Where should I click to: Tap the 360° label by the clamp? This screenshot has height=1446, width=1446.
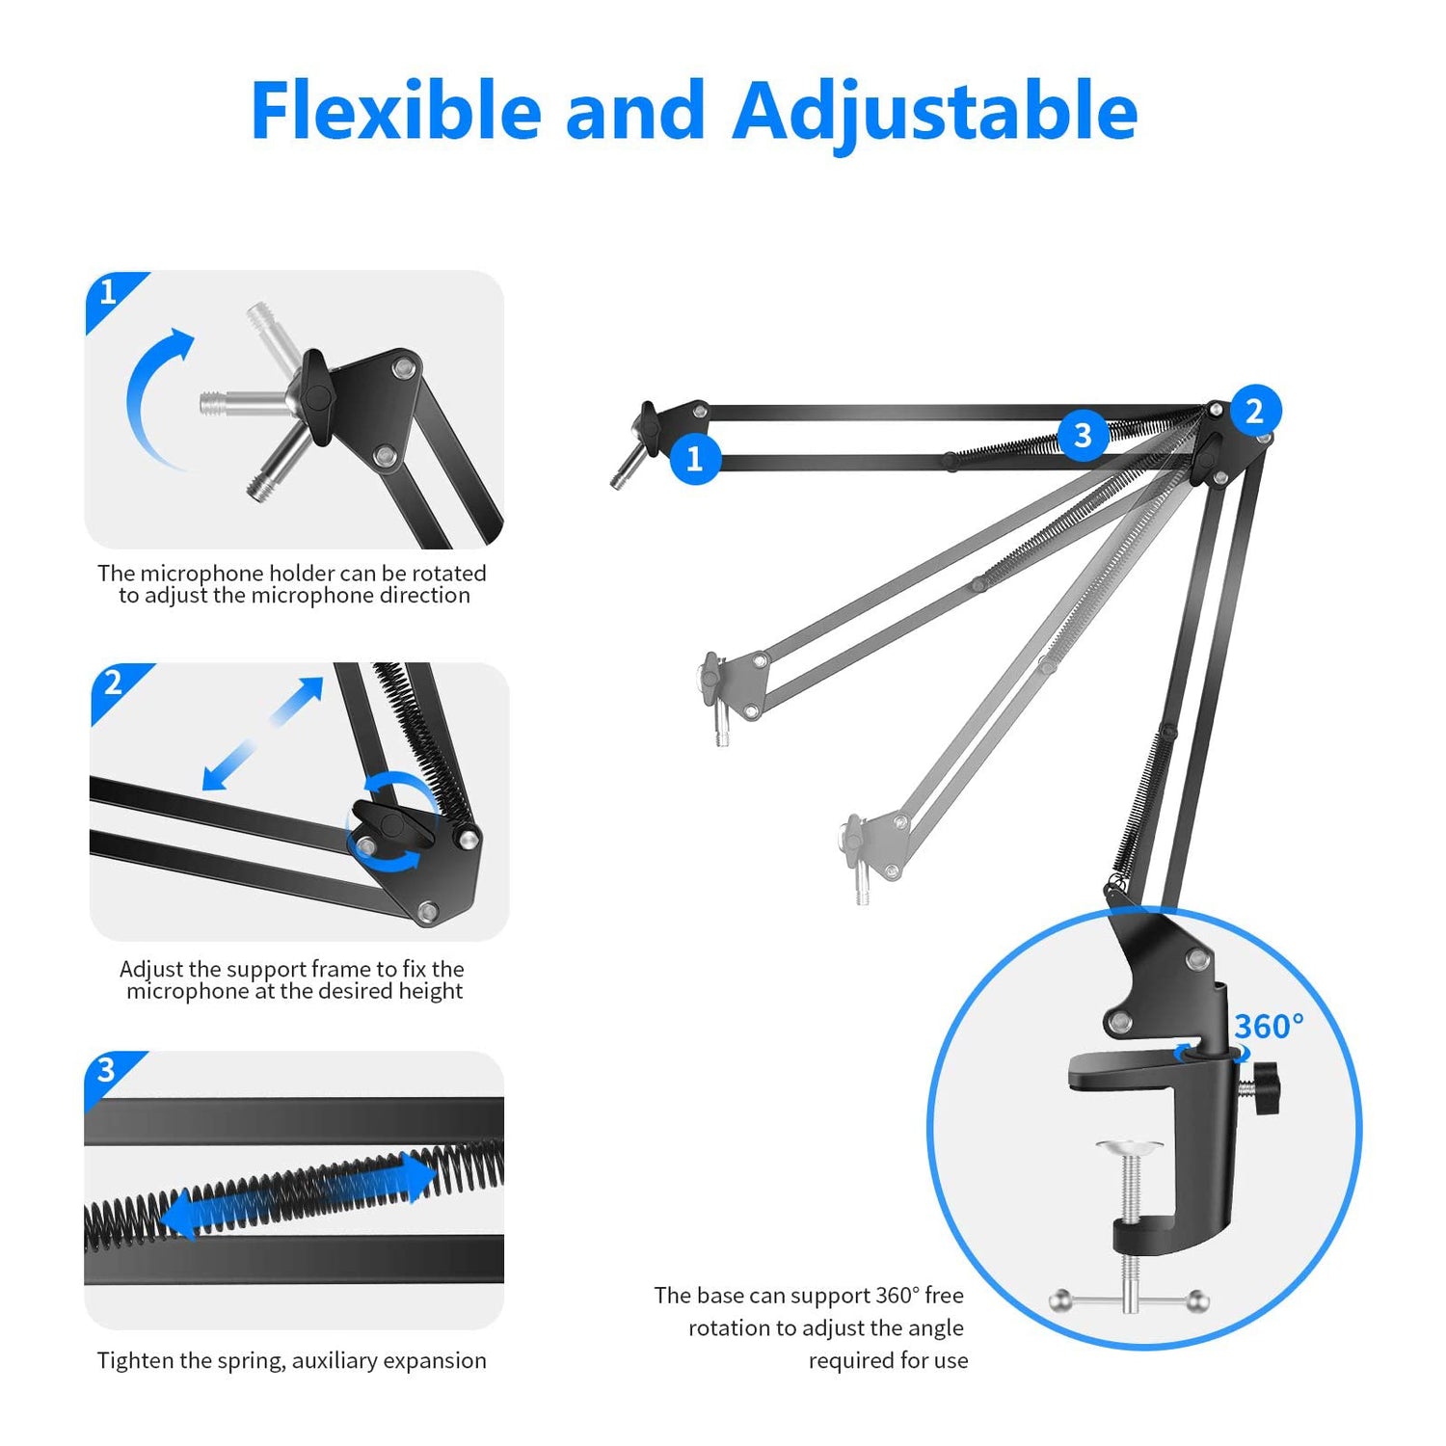(1269, 1027)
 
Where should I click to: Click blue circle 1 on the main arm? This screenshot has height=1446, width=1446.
(694, 459)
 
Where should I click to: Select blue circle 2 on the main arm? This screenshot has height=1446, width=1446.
(1254, 412)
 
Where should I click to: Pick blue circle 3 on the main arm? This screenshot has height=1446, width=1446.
(1083, 435)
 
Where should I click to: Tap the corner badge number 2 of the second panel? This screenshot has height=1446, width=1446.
(113, 683)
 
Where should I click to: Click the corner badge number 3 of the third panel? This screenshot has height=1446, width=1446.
(106, 1069)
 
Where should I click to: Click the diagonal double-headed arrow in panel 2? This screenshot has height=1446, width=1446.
(263, 734)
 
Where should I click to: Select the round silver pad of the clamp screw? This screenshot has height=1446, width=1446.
(1129, 1146)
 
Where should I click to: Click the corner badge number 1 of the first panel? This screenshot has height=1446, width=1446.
(108, 291)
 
